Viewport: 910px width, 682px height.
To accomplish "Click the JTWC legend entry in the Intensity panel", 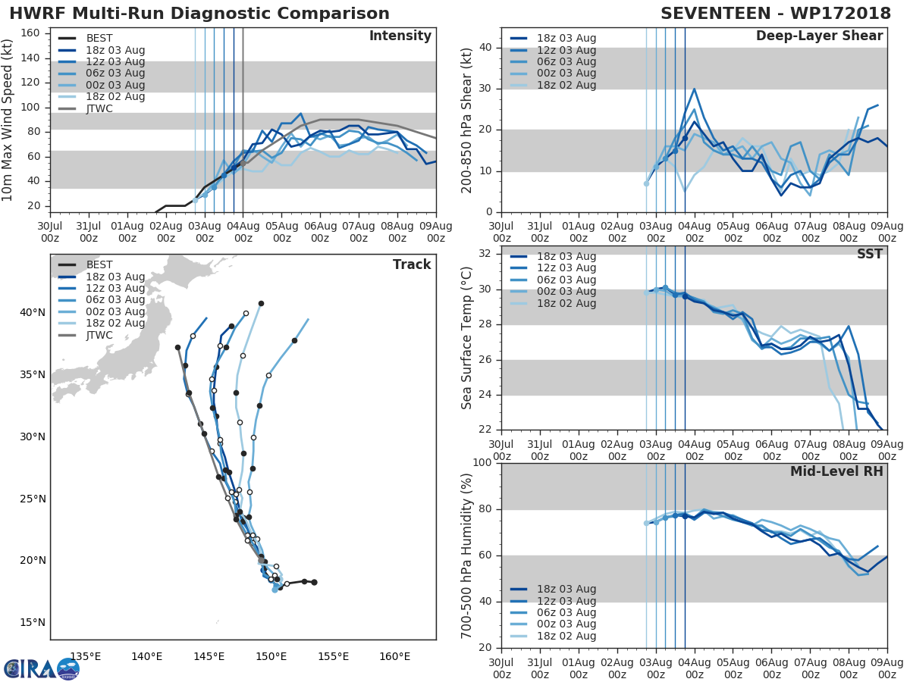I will click(x=100, y=108).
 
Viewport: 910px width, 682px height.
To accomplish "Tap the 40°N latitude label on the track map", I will click(x=33, y=313).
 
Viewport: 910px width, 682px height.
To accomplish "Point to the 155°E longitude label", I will click(x=333, y=656).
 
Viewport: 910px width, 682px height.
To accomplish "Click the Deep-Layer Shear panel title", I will click(x=819, y=36).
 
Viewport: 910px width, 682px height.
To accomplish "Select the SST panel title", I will click(x=870, y=254).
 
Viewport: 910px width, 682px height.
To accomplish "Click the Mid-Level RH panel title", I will click(x=836, y=471).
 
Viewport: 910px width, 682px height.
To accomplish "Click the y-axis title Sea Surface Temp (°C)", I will click(x=467, y=336).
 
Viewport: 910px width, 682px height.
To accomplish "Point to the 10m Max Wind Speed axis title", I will click(x=8, y=121).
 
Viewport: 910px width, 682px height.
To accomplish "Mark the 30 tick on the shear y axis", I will click(x=488, y=89).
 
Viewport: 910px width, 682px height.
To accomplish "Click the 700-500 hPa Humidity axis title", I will click(x=467, y=555).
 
